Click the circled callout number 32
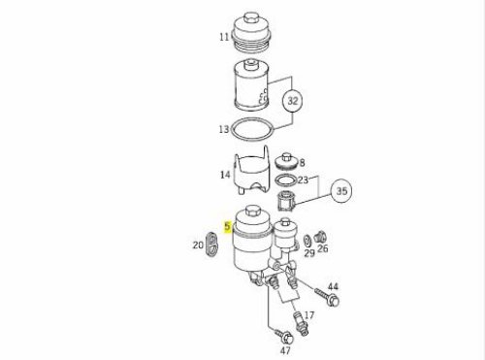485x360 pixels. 293,101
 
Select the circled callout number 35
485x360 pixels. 341,191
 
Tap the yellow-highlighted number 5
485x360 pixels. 228,226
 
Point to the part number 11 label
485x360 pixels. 224,37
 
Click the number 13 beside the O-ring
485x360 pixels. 224,129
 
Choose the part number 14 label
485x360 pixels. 225,175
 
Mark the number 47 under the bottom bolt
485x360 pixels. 285,350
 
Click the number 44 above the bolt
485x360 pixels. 333,286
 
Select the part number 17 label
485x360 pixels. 309,314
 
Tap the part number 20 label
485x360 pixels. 198,245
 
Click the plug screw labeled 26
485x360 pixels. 320,237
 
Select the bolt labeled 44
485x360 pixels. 327,297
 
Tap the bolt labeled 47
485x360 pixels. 284,337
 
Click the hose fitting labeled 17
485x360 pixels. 300,323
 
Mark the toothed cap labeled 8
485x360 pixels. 286,161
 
